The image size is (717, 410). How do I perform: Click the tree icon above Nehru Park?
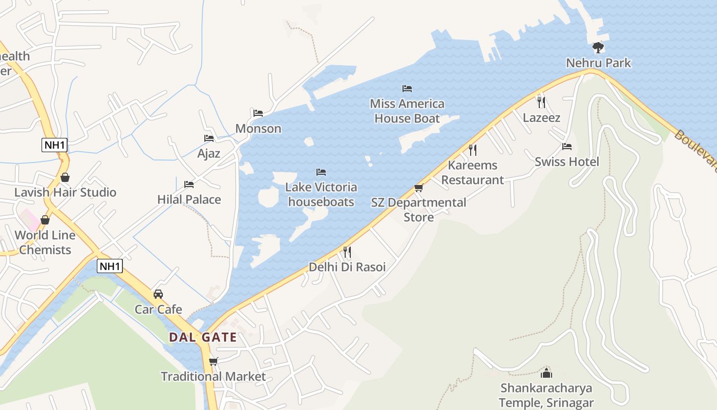[598, 48]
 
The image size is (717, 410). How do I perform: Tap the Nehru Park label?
[598, 63]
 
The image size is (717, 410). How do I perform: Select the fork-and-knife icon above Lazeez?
[541, 102]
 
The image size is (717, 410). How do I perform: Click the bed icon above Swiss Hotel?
[566, 147]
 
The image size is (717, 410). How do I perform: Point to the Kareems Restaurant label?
[473, 173]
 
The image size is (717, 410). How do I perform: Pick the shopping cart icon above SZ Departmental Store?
[419, 188]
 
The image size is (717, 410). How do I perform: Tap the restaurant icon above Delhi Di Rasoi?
[347, 252]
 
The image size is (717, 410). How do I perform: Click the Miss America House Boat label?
[407, 111]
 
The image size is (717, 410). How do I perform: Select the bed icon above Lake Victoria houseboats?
[321, 172]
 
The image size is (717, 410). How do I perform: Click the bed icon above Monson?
[258, 113]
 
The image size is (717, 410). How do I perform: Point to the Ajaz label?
[209, 153]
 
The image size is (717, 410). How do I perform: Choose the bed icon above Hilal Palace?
[189, 184]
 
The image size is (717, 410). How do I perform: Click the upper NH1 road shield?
[55, 145]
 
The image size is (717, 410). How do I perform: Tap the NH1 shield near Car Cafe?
[110, 266]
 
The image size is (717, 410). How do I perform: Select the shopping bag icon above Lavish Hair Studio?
[65, 177]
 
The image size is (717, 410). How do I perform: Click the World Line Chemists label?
[45, 242]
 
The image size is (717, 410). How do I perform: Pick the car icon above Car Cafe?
[158, 294]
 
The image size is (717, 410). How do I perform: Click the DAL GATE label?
[203, 337]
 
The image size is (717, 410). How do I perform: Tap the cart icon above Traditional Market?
[214, 361]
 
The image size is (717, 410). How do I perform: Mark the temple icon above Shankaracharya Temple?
[546, 373]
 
